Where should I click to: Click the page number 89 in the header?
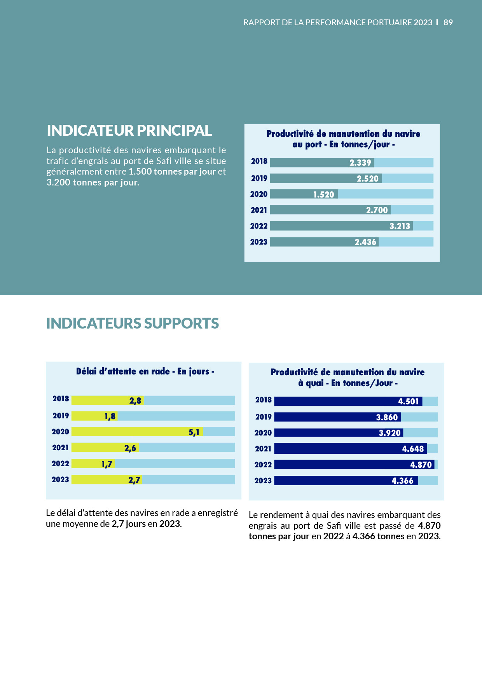448,23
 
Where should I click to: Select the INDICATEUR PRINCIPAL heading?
129,131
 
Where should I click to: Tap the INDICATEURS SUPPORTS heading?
132,324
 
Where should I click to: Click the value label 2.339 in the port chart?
360,163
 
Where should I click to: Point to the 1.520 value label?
323,194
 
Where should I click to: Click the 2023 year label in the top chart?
259,242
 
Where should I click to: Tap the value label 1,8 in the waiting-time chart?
110,416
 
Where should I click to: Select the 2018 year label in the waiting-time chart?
61,399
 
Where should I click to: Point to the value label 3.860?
387,418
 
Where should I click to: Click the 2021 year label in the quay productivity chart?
263,449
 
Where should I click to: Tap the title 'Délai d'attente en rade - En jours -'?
145,372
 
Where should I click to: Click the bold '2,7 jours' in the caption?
128,524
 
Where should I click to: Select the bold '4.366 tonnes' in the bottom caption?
378,537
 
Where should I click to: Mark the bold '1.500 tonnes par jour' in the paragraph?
172,172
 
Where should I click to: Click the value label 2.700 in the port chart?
377,210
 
